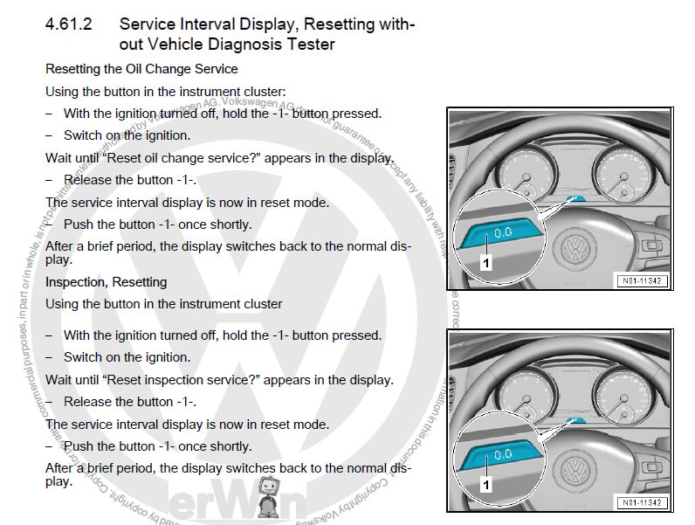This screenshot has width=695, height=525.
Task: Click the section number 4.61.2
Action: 69,24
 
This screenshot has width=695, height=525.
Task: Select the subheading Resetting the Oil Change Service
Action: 141,68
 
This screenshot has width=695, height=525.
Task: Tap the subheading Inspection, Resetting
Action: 106,282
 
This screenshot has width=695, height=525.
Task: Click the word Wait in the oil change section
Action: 58,158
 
